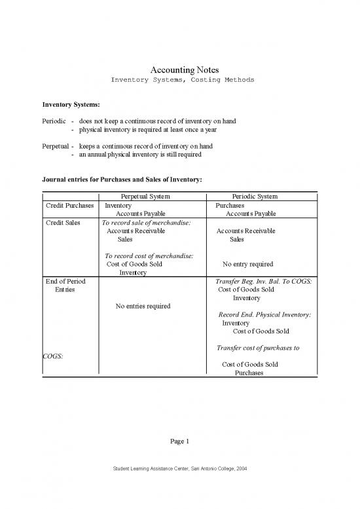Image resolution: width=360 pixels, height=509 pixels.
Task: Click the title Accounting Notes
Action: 180,69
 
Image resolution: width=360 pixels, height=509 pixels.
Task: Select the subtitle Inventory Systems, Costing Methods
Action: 180,80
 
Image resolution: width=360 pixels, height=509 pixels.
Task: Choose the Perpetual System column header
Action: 151,196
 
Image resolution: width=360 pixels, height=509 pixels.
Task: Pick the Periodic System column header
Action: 255,196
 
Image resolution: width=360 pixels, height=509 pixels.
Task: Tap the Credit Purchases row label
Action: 70,205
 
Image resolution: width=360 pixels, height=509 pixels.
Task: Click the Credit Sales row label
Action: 62,223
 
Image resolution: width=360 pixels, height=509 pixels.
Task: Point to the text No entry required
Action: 247,265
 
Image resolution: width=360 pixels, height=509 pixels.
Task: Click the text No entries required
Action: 143,306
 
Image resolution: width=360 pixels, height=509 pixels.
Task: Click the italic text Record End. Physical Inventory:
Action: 265,314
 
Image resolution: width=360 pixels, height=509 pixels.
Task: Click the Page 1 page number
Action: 180,441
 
